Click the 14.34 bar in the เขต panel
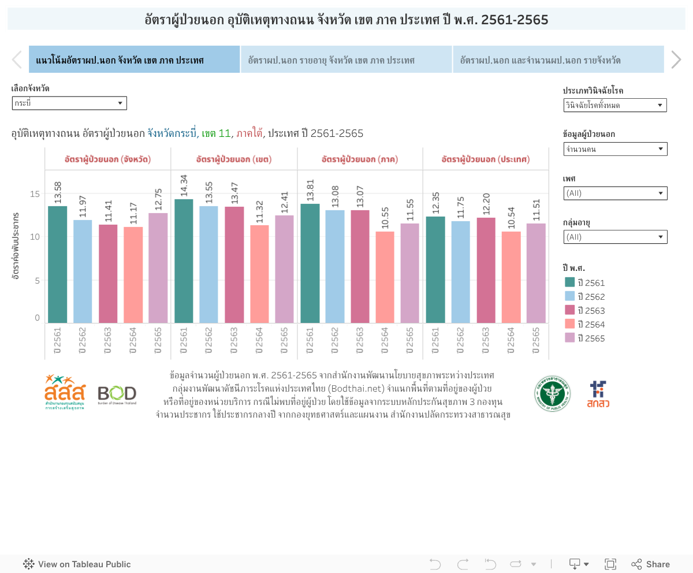pyautogui.click(x=184, y=261)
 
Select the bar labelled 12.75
pyautogui.click(x=158, y=268)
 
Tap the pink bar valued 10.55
pyautogui.click(x=385, y=277)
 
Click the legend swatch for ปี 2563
pyautogui.click(x=570, y=310)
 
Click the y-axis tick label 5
pyautogui.click(x=38, y=281)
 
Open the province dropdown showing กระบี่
pyautogui.click(x=69, y=103)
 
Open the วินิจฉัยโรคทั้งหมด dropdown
pyautogui.click(x=615, y=105)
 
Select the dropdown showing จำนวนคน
pyautogui.click(x=615, y=149)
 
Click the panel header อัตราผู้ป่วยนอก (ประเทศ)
pyautogui.click(x=486, y=159)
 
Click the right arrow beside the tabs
pyautogui.click(x=676, y=59)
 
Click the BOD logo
pyautogui.click(x=117, y=395)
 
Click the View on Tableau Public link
pyautogui.click(x=77, y=564)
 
